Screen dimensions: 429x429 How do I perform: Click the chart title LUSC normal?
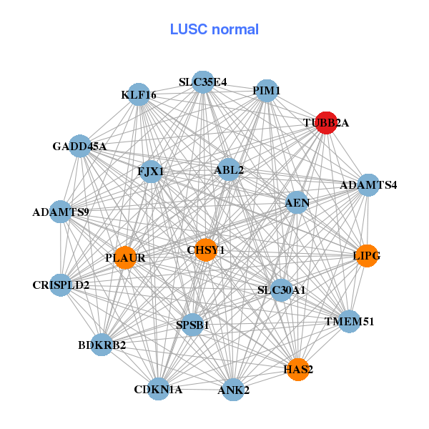point(214,29)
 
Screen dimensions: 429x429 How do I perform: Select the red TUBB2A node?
point(326,122)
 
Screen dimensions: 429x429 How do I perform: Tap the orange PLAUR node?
point(125,258)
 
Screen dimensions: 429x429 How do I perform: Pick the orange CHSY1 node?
point(206,250)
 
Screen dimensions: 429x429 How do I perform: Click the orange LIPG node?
point(367,256)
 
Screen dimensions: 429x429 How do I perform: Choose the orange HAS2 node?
point(298,370)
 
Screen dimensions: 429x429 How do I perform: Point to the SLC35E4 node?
point(203,82)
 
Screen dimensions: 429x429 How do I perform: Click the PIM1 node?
point(267,91)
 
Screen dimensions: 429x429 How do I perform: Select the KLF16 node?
point(139,94)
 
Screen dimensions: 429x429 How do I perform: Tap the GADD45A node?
point(79,147)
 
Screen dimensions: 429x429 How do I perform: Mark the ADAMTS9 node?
point(61,212)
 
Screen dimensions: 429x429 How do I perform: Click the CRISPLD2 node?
point(61,285)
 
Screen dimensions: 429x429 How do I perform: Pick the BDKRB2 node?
point(102,345)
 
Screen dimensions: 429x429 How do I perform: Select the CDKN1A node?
point(158,390)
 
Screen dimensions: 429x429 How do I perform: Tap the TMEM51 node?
point(349,322)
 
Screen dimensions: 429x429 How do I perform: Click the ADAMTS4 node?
point(368,185)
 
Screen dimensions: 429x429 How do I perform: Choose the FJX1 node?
point(151,172)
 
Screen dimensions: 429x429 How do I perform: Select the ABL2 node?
point(229,170)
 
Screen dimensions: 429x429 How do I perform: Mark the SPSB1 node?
point(192,325)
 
